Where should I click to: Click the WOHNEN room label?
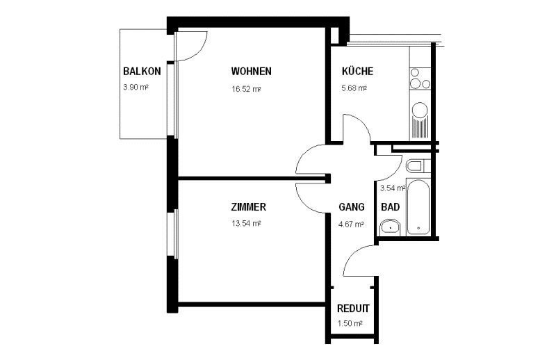[x=251, y=72]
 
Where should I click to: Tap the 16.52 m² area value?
[x=247, y=89]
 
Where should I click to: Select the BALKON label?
[x=142, y=72]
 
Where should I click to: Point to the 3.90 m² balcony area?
[x=136, y=87]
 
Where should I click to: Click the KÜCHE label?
[x=357, y=71]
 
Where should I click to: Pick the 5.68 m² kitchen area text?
[x=354, y=88]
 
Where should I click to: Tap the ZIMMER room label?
[x=249, y=207]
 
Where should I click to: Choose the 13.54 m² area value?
[x=247, y=224]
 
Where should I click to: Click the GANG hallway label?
[x=352, y=207]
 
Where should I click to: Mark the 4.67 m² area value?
[x=351, y=224]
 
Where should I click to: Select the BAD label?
[x=391, y=207]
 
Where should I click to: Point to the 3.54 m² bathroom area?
[x=393, y=188]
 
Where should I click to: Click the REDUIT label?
[x=353, y=308]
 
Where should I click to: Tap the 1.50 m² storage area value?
[x=350, y=323]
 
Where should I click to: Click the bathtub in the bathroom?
[x=418, y=207]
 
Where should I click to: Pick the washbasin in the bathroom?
[x=390, y=227]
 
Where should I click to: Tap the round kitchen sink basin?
[x=420, y=110]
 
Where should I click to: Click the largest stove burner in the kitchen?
[x=415, y=84]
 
